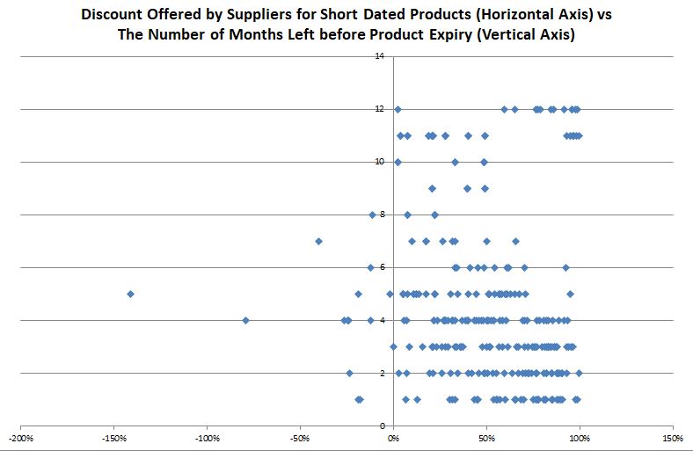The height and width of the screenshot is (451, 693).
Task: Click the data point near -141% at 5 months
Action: click(130, 294)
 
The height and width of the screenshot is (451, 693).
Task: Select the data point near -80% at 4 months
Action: click(245, 320)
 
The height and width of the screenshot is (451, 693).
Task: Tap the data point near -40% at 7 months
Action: click(318, 241)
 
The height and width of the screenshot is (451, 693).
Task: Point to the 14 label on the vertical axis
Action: click(380, 56)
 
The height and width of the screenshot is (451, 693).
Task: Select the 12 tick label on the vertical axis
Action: click(380, 109)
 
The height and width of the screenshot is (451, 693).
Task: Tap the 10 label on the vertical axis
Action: click(380, 162)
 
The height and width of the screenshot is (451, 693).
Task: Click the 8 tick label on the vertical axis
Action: click(382, 215)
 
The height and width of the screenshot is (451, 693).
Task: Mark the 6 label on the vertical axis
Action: click(382, 267)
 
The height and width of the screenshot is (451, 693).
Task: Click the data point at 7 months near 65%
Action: click(515, 241)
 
